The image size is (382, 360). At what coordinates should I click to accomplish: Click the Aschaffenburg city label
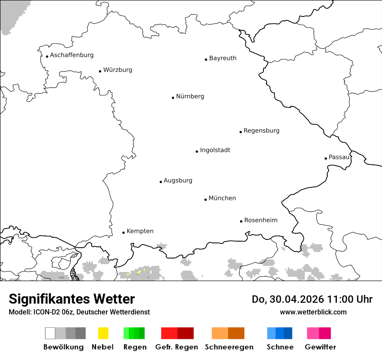pyautogui.click(x=72, y=55)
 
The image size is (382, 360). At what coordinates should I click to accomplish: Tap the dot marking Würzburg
pyautogui.click(x=100, y=71)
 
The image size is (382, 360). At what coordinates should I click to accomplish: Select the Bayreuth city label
pyautogui.click(x=223, y=58)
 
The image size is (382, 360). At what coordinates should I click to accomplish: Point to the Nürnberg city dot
pyautogui.click(x=173, y=98)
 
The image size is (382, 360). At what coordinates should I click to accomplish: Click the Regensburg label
pyautogui.click(x=261, y=131)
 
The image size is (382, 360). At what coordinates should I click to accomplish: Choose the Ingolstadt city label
pyautogui.click(x=215, y=150)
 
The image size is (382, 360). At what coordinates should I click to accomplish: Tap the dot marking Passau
pyautogui.click(x=326, y=158)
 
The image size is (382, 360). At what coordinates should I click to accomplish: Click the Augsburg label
pyautogui.click(x=178, y=180)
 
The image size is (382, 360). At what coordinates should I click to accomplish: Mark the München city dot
pyautogui.click(x=205, y=200)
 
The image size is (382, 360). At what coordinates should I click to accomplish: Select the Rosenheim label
pyautogui.click(x=260, y=220)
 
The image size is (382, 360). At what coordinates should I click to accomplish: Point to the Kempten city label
pyautogui.click(x=140, y=231)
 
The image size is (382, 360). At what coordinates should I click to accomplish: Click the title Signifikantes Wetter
pyautogui.click(x=72, y=299)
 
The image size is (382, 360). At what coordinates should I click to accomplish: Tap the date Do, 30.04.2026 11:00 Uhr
pyautogui.click(x=312, y=299)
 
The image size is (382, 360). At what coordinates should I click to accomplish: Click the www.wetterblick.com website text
pyautogui.click(x=313, y=312)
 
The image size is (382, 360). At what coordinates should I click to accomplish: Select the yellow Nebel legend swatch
pyautogui.click(x=103, y=333)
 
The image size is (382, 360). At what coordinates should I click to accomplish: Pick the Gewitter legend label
pyautogui.click(x=320, y=347)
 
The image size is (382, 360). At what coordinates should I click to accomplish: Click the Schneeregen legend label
pyautogui.click(x=229, y=347)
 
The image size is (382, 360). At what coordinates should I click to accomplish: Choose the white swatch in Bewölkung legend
pyautogui.click(x=50, y=333)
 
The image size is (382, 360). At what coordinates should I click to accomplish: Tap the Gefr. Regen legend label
pyautogui.click(x=176, y=347)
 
